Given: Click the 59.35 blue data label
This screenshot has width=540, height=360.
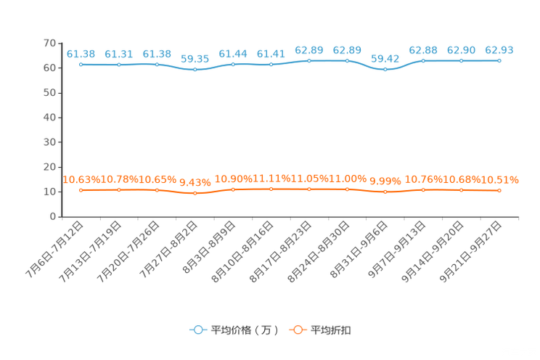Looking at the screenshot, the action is click(195, 59).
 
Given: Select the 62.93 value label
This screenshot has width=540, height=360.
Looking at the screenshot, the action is click(499, 50).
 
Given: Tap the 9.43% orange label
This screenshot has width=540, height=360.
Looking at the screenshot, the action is click(195, 182).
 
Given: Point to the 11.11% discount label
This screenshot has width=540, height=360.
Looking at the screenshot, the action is click(271, 179).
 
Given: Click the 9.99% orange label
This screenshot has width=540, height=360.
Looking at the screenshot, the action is click(385, 181).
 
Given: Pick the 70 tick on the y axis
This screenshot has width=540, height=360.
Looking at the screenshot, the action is click(49, 43).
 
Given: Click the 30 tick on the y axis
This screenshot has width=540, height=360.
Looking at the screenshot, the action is click(49, 142).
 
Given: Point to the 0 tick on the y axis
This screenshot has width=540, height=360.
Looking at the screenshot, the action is click(53, 216).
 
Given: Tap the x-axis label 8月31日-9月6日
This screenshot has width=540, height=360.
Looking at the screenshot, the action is click(359, 249).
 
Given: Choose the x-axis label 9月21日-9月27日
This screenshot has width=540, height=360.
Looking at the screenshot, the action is click(470, 251).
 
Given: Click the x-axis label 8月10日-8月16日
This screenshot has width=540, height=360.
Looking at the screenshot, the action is click(242, 251).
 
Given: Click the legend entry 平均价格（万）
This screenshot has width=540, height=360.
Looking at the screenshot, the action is click(234, 330).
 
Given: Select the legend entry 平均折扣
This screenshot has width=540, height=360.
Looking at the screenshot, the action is click(320, 330).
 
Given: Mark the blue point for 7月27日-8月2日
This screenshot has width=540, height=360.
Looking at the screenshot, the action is click(195, 70).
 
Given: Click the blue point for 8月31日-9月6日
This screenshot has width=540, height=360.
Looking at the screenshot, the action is click(385, 69).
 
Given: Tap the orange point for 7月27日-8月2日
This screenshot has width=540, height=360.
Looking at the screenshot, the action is click(195, 193).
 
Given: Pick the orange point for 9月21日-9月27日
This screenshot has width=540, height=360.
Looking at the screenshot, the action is click(499, 190).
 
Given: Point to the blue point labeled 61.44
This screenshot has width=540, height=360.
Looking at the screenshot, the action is click(233, 65).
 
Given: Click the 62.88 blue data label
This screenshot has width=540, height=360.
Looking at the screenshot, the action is click(423, 50).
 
